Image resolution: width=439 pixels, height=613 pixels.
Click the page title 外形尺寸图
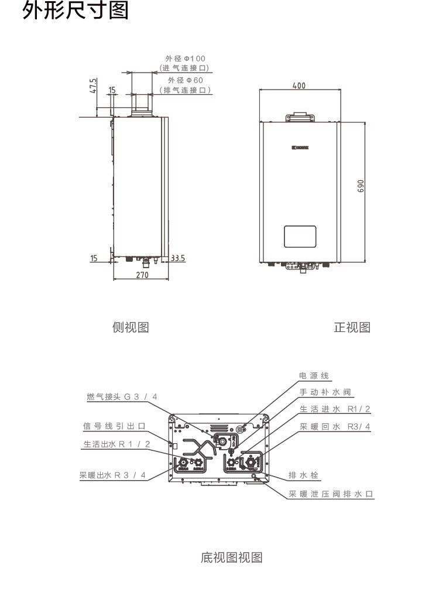pos(75,11)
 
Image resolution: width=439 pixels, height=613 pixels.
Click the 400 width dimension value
pos(299,85)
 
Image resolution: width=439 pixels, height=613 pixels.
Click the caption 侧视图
pos(130,327)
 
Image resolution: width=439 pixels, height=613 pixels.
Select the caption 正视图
pos(352,327)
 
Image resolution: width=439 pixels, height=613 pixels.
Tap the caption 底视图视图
pos(231,557)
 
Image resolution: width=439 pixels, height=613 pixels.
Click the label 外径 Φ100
pos(186,59)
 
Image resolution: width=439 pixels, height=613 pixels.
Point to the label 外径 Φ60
pos(186,80)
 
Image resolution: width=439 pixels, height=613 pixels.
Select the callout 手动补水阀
pos(325,392)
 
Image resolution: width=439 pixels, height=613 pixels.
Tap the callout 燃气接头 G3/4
pos(122,397)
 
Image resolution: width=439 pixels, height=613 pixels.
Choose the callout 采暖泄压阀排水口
pos(331,494)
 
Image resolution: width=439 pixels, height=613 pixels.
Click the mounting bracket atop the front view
pos(299,118)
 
